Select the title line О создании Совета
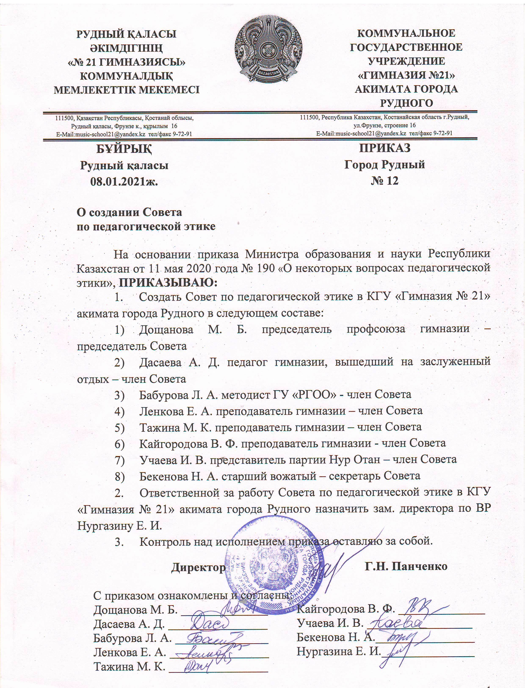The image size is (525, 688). pyautogui.click(x=129, y=212)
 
